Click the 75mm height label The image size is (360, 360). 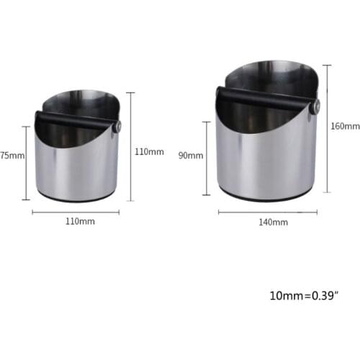coord(12,155)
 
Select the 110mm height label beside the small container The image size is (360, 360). coord(149,152)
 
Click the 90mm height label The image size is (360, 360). coord(192,156)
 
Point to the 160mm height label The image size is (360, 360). coord(344,126)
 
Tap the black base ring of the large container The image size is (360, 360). coord(266,196)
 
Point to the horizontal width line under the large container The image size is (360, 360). coord(267,212)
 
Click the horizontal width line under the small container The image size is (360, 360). coord(76,212)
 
